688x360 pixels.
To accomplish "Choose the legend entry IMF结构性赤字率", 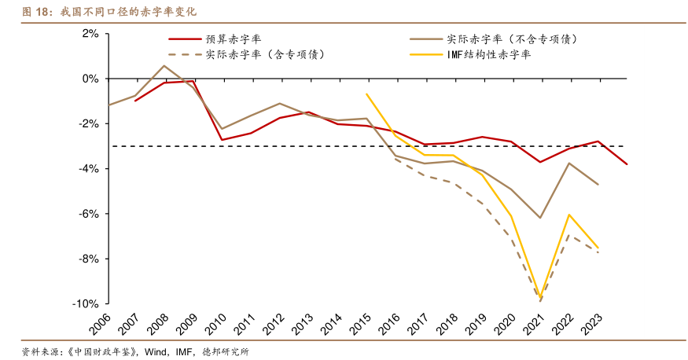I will pos(488,54).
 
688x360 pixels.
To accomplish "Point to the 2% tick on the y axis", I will pos(89,34).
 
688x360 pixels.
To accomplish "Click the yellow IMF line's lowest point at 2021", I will pos(540,296).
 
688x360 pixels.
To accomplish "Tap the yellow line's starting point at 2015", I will pos(366,94).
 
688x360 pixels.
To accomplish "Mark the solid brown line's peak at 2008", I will pos(164,66).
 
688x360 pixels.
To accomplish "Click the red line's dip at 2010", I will pos(222,140).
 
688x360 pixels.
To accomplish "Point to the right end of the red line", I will pos(627,164).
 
